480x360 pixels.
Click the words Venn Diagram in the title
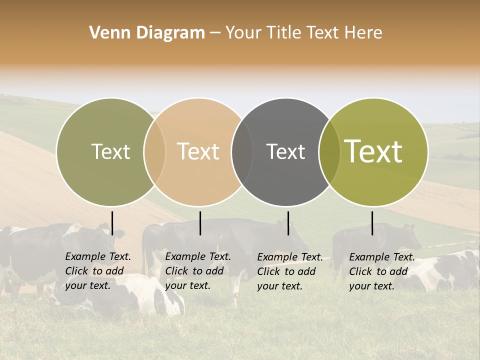(147, 33)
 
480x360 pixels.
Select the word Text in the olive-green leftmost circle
(110, 152)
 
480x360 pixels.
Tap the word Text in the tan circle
(198, 152)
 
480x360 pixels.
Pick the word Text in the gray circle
(285, 152)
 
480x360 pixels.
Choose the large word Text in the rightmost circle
(373, 151)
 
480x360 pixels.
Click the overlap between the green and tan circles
(154, 152)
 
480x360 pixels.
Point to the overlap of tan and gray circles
(242, 152)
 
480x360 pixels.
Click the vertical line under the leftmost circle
(112, 223)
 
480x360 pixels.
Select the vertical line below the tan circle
(200, 223)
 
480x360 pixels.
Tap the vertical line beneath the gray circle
(288, 223)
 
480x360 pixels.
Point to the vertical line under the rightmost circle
(372, 223)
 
